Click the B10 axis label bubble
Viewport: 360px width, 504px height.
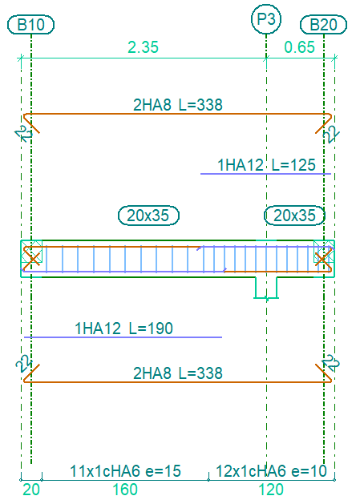31,24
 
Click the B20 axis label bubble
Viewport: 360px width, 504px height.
323,24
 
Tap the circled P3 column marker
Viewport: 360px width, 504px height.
266,19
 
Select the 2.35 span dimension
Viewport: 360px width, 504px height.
144,47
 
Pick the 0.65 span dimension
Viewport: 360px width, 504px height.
300,47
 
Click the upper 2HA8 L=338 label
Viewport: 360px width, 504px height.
178,105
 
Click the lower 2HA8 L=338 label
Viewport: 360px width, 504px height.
178,373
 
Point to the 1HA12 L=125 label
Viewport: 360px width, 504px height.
267,165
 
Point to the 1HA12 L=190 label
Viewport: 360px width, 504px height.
123,329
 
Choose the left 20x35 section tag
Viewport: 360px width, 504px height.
148,216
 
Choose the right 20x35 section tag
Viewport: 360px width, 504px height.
294,216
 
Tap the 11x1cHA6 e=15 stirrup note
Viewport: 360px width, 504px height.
125,471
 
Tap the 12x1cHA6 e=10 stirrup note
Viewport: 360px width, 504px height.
271,471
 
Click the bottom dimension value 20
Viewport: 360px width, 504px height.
31,490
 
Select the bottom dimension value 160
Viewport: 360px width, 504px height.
125,490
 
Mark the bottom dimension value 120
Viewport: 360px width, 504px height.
271,490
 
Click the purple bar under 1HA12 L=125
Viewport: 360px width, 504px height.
265,174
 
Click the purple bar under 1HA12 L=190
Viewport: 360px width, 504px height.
123,337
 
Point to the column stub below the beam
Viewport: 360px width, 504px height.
266,288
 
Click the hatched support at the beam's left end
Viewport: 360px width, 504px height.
31,252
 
